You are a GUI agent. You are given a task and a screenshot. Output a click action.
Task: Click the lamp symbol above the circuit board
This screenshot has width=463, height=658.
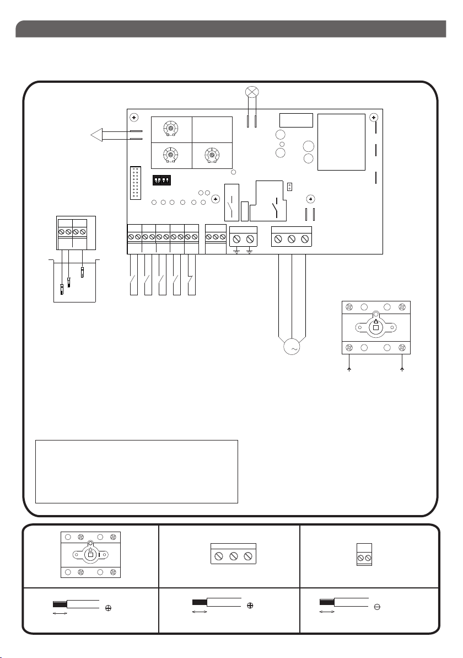click(253, 91)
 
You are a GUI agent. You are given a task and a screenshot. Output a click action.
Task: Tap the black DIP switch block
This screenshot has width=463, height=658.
click(163, 180)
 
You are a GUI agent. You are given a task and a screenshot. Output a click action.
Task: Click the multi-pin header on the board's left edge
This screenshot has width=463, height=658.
click(136, 182)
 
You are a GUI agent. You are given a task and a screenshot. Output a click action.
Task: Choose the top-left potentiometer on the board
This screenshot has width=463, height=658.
click(171, 129)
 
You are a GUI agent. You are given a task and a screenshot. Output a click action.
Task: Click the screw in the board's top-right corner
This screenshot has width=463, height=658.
click(373, 118)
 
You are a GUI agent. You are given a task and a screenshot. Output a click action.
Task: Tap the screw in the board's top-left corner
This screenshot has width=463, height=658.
click(134, 118)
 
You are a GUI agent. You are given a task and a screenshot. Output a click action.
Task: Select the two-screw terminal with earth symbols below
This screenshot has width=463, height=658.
click(244, 238)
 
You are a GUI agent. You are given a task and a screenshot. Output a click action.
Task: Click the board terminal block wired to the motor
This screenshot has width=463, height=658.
click(292, 238)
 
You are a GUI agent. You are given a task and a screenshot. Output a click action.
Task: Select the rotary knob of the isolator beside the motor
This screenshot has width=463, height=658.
click(376, 327)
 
